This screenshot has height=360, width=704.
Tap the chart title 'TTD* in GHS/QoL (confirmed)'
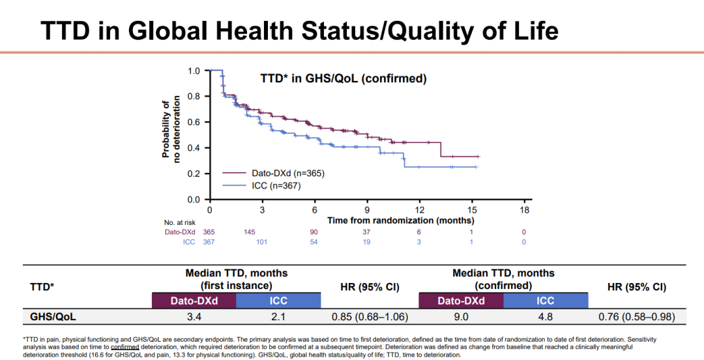339,79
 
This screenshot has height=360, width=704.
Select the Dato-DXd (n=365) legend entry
287,173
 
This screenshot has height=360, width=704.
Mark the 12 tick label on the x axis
420,211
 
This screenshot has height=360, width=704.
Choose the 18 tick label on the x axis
525,211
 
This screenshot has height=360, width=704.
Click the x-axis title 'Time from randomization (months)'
401,220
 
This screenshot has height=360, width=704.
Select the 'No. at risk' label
179,222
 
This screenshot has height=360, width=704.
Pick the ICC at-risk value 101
262,242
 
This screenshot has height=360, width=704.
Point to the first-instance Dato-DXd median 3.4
194,318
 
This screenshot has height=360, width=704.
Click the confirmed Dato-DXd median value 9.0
461,318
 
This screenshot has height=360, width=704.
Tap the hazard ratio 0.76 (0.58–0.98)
636,318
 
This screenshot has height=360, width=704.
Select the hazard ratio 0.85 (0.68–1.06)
370,318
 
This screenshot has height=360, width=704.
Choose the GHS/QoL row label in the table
51,318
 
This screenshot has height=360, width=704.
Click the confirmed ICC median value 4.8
545,318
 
